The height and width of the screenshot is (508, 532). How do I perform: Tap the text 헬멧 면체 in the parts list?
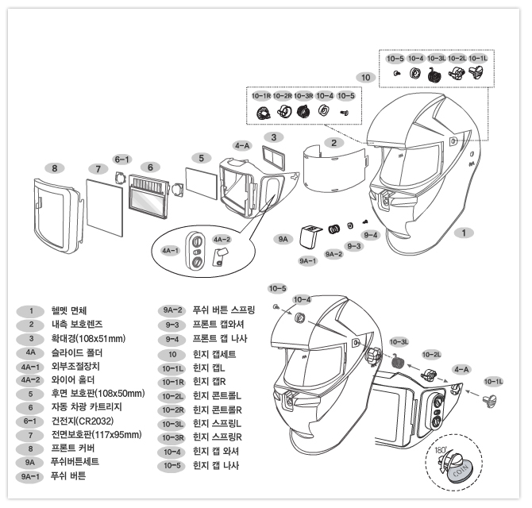coord(69,310)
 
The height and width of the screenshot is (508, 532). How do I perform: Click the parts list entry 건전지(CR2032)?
coord(83,421)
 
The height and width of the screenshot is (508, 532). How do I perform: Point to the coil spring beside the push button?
coord(333,229)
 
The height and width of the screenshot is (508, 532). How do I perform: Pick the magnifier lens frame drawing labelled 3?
coord(273,158)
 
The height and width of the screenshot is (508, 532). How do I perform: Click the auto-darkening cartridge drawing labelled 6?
coord(148,196)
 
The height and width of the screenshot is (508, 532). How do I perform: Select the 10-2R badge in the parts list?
coord(172,410)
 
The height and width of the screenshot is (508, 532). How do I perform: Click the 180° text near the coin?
coord(441,450)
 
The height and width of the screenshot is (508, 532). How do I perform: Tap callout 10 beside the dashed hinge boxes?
coord(365,78)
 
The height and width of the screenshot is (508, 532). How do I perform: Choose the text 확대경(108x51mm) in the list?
coord(88,338)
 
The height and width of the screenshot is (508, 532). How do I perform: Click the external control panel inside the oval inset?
coord(196,252)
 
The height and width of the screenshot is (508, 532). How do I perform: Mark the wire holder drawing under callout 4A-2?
coord(219,257)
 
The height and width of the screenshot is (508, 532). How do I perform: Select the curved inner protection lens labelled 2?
coord(334,169)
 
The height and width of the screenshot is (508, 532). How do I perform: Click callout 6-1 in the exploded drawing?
coord(121,160)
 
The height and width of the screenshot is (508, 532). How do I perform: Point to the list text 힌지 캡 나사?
coord(216,465)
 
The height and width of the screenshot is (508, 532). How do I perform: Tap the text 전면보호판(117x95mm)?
coord(96,435)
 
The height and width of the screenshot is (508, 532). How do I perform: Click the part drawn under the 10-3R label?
coord(303,111)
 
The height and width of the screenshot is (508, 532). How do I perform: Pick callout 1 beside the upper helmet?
coord(464,233)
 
